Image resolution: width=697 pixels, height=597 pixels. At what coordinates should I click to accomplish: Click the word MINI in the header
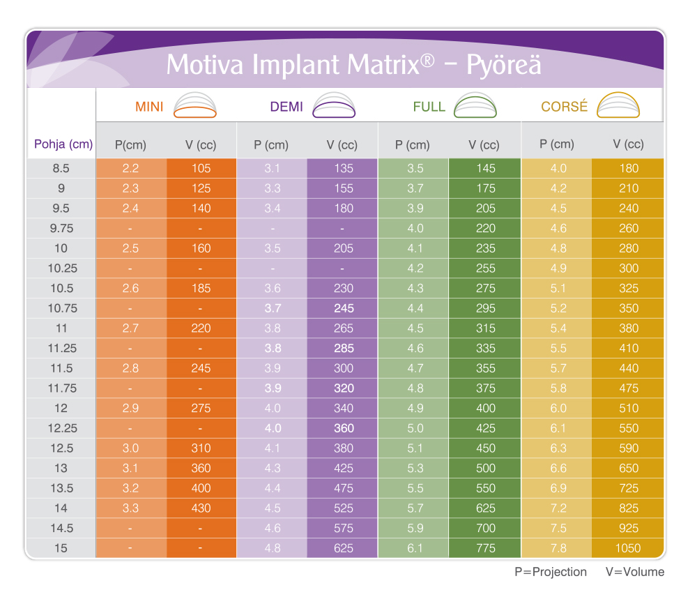pyautogui.click(x=149, y=108)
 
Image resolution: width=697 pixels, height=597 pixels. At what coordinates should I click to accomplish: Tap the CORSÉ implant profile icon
pyautogui.click(x=618, y=106)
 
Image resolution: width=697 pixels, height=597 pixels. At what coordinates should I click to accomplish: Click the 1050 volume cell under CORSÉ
pyautogui.click(x=626, y=548)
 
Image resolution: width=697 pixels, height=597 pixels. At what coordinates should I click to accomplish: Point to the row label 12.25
pyautogui.click(x=61, y=428)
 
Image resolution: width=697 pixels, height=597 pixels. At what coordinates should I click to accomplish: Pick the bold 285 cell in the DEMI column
pyautogui.click(x=344, y=348)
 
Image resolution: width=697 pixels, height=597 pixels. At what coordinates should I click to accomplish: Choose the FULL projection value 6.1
pyautogui.click(x=415, y=548)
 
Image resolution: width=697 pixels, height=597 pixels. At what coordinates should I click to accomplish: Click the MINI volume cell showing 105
pyautogui.click(x=201, y=168)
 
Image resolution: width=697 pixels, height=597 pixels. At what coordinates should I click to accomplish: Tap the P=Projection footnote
pyautogui.click(x=551, y=572)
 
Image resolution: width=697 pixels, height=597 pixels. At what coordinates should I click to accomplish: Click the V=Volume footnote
pyautogui.click(x=635, y=572)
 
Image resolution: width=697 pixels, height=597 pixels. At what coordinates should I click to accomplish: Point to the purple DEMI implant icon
pyautogui.click(x=335, y=107)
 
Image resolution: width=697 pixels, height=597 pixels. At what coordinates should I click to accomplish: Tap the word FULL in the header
pyautogui.click(x=429, y=107)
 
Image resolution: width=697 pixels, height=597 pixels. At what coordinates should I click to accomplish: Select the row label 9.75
pyautogui.click(x=61, y=228)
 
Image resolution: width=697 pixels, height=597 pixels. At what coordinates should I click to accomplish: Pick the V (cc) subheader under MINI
pyautogui.click(x=201, y=146)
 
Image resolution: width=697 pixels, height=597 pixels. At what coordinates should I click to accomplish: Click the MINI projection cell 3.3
pyautogui.click(x=130, y=508)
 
